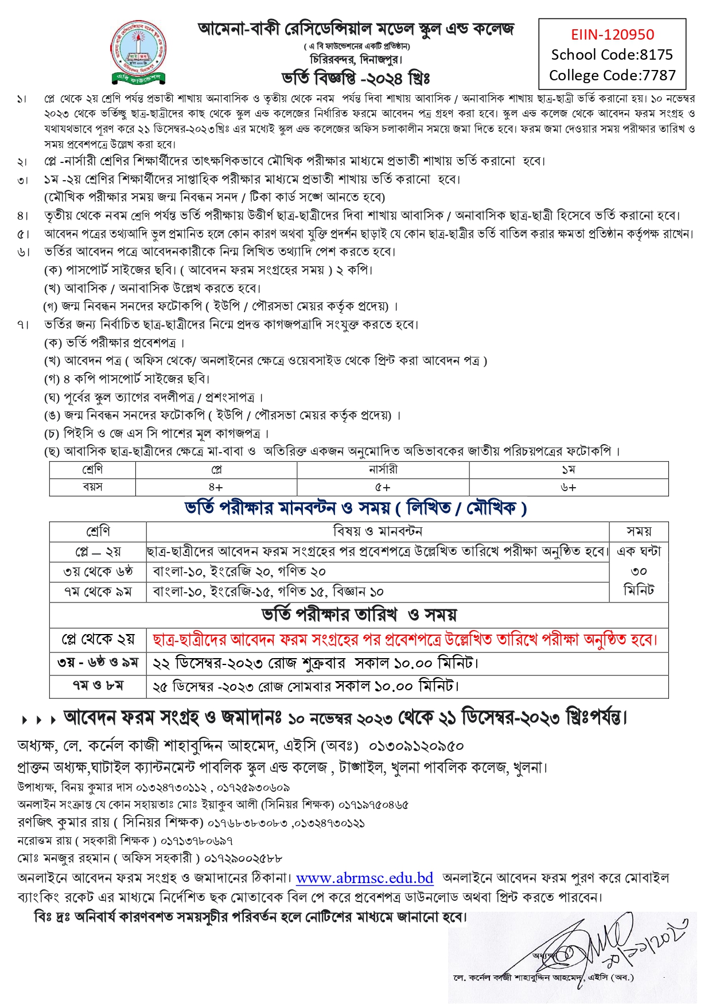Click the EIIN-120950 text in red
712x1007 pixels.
pos(612,35)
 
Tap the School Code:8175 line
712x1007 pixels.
pos(612,55)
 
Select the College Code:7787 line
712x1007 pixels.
pos(612,75)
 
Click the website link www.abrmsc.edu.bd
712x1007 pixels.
pos(364,878)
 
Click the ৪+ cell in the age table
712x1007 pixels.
pos(216,487)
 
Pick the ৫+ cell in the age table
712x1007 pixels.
pos(383,487)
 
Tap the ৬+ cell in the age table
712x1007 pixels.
pos(568,487)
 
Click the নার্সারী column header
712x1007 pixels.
pos(383,470)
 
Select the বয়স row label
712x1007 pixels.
pos(92,487)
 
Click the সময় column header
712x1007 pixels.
pos(639,531)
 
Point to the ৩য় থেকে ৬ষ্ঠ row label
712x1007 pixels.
pos(98,571)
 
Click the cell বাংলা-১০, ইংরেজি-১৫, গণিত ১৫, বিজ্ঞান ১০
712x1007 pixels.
pos(268,592)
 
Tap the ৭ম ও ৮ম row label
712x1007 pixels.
pos(98,686)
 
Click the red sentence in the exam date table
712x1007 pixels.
pos(404,639)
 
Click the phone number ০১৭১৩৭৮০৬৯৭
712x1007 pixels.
pos(196,841)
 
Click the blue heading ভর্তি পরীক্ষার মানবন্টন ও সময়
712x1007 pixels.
pos(355,508)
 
